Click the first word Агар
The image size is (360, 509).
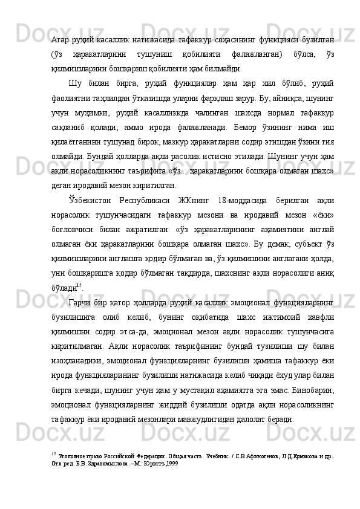(61, 39)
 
